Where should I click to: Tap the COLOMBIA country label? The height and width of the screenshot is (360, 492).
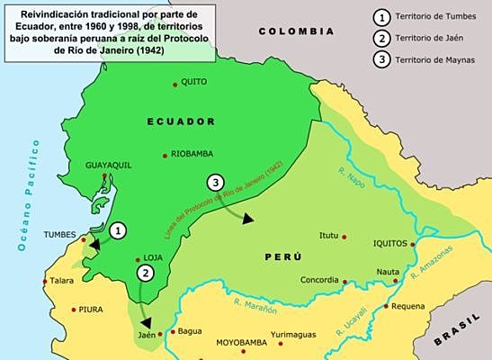(296, 31)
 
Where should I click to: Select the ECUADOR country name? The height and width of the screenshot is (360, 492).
(183, 121)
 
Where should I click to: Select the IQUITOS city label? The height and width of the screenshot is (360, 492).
(390, 243)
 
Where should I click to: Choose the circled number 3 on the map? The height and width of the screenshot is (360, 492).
(214, 183)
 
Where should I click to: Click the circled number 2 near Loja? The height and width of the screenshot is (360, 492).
(144, 273)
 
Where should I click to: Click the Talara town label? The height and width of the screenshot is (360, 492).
(62, 281)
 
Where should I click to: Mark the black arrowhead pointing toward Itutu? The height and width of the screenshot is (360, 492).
(248, 219)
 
